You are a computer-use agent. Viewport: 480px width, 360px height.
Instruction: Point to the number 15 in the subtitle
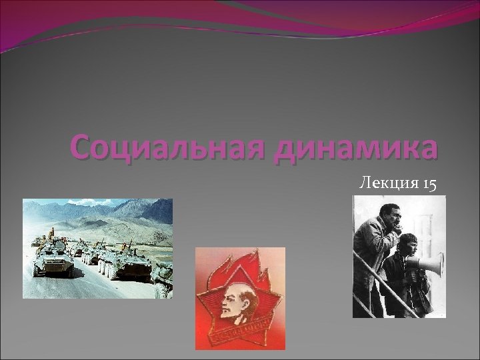[429, 183]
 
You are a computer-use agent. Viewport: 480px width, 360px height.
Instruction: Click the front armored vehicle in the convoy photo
[55, 260]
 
